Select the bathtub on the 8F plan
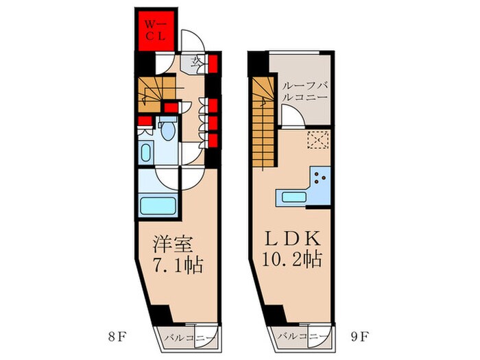pyautogui.click(x=156, y=206)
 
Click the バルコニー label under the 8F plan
pyautogui.click(x=188, y=337)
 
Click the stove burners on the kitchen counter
pyautogui.click(x=320, y=178)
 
